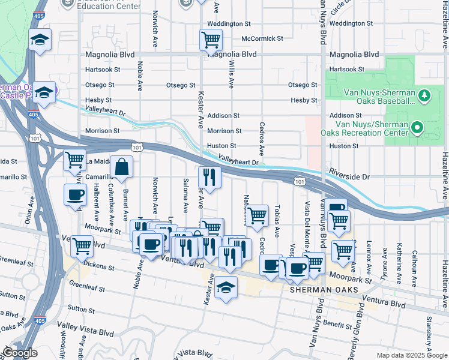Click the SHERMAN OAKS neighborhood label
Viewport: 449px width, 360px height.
[324, 289]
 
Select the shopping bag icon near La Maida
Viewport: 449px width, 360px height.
[121, 168]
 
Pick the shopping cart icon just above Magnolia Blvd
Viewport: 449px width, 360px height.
[211, 40]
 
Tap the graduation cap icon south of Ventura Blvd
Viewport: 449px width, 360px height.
[226, 288]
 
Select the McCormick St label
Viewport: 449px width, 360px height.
[262, 38]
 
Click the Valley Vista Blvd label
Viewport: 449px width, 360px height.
[86, 332]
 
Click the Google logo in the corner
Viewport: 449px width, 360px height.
[20, 353]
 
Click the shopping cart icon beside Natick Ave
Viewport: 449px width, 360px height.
[258, 215]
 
